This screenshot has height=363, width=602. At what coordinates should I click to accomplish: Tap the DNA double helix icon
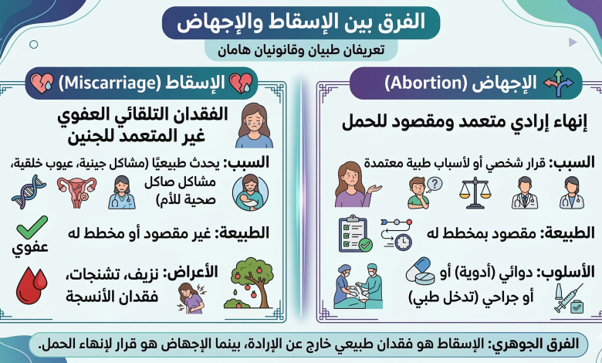pyautogui.click(x=29, y=192)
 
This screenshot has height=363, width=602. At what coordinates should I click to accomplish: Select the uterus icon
pyautogui.click(x=76, y=192)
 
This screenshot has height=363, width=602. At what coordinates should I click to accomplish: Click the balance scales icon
pyautogui.click(x=475, y=192)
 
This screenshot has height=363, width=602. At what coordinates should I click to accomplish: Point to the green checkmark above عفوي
pyautogui.click(x=32, y=227)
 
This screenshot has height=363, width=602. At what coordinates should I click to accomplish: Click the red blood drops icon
pyautogui.click(x=32, y=286)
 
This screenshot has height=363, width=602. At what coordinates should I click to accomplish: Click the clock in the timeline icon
pyautogui.click(x=403, y=243)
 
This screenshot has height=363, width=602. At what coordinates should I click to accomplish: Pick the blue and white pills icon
pyautogui.click(x=421, y=271)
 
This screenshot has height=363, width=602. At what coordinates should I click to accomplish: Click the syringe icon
pyautogui.click(x=569, y=298)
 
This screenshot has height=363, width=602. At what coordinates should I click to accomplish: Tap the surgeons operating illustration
pyautogui.click(x=358, y=286)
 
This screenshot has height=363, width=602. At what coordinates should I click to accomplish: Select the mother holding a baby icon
pyautogui.click(x=250, y=192)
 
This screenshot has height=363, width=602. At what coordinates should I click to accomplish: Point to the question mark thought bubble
pyautogui.click(x=435, y=184)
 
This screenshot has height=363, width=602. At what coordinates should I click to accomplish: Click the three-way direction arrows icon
pyautogui.click(x=559, y=83)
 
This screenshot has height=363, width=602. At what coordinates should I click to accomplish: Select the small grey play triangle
pyautogui.click(x=573, y=42)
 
